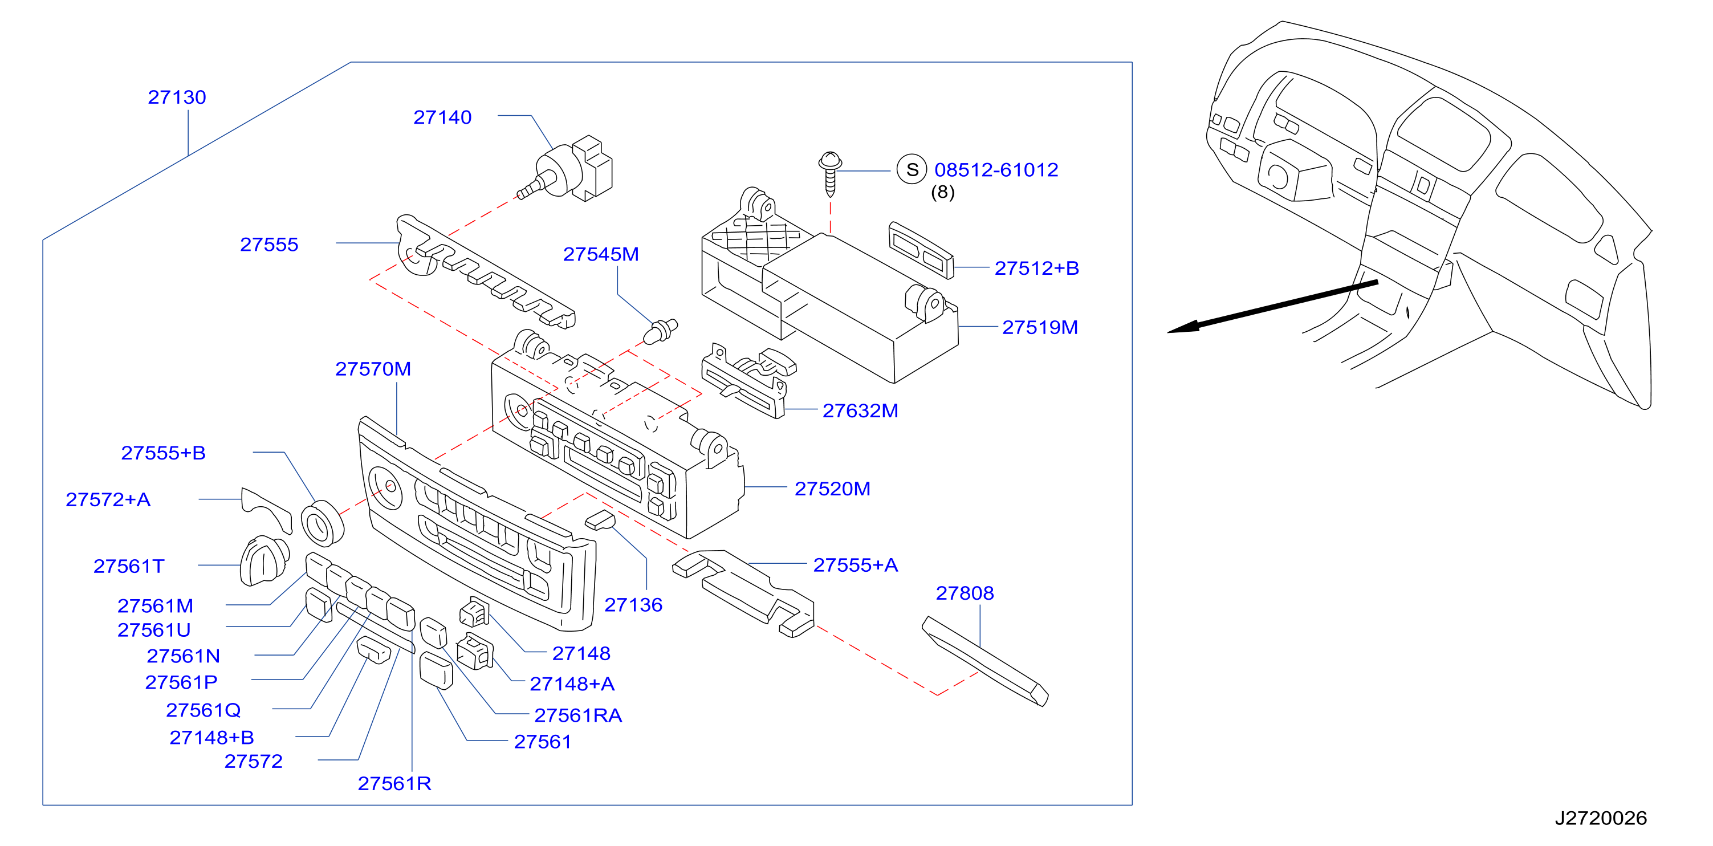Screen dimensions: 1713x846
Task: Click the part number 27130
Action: [x=177, y=97]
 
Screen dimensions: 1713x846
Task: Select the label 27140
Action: [x=442, y=117]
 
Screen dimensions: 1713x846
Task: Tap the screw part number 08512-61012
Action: [x=996, y=170]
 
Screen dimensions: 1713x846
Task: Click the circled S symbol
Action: [x=912, y=170]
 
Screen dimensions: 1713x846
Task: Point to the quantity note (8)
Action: [x=942, y=192]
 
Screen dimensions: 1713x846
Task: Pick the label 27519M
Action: [x=1040, y=327]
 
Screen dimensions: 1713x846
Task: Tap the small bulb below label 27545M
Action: [x=660, y=331]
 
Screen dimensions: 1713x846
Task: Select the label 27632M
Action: [x=860, y=410]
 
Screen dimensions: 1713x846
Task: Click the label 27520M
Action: [x=833, y=489]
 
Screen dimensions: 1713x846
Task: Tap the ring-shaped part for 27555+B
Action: [x=323, y=523]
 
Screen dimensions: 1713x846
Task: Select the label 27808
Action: [x=965, y=593]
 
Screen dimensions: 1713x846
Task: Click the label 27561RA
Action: [x=578, y=715]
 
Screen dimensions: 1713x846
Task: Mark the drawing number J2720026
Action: [x=1601, y=818]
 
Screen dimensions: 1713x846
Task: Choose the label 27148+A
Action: [x=572, y=684]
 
